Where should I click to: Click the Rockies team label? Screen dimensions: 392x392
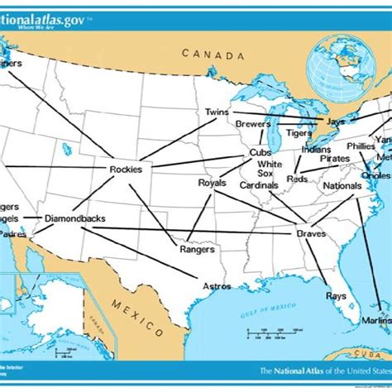(125, 170)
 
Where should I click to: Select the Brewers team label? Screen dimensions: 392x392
(253, 124)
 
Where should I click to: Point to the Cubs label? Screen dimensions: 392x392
(261, 153)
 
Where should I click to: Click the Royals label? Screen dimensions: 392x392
(212, 183)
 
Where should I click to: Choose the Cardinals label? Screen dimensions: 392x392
(259, 185)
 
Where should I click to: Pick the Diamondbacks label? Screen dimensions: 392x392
(74, 218)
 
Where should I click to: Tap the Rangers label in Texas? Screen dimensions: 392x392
(197, 249)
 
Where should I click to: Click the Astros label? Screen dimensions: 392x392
(217, 286)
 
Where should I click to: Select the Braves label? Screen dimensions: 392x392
(311, 234)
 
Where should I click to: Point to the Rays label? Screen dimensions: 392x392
(336, 295)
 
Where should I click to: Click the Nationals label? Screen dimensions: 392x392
(342, 186)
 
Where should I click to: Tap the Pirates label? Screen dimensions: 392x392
(335, 158)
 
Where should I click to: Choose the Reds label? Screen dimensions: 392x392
(297, 179)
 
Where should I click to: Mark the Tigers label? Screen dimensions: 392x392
(299, 132)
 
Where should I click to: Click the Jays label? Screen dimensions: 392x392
(335, 121)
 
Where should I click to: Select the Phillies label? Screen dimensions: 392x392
(361, 146)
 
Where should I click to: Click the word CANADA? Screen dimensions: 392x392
(213, 55)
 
